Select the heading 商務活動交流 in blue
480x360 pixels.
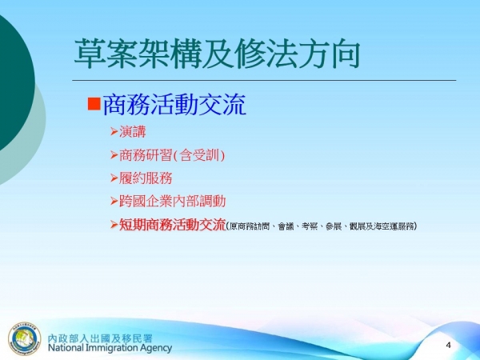173,104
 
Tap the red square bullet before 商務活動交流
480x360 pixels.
92,103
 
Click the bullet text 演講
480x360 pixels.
133,131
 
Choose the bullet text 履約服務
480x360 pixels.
146,178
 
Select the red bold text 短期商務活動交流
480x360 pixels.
173,225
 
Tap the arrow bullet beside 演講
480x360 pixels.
114,131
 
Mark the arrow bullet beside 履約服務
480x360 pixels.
114,178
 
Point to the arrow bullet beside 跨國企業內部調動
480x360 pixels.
114,201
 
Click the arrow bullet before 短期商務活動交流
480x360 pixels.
114,225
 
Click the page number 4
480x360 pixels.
449,344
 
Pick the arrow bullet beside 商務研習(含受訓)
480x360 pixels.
114,154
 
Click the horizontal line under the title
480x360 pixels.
264,80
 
